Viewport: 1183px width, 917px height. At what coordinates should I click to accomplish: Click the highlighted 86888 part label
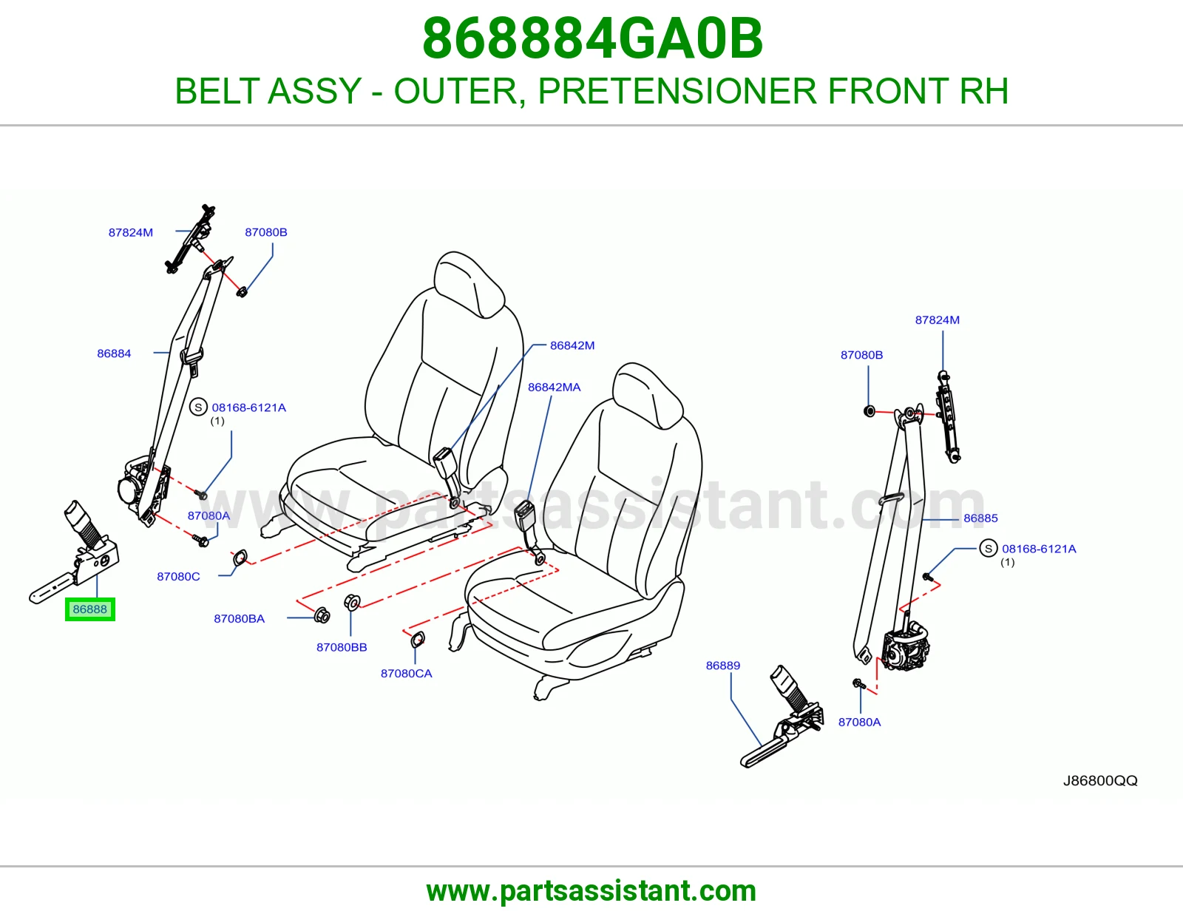coord(89,609)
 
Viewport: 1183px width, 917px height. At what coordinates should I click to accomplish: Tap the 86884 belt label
coord(114,353)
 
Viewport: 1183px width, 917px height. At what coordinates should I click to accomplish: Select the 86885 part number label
coord(980,518)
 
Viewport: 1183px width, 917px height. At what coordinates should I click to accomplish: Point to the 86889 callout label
coord(723,666)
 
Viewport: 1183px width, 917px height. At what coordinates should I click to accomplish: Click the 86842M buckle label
coord(572,345)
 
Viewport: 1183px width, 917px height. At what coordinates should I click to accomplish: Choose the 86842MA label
coord(555,388)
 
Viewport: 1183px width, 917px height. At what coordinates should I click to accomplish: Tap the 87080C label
coord(179,577)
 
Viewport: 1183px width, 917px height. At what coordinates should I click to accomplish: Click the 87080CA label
coord(406,674)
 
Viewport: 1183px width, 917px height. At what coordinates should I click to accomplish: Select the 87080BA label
coord(239,618)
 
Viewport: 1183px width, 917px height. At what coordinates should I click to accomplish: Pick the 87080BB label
coord(342,648)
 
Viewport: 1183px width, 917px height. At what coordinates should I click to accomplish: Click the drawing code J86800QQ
coord(1100,781)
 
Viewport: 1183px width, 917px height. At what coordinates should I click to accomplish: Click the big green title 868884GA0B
coord(592,38)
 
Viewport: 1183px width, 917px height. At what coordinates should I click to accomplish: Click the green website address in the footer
coord(591,891)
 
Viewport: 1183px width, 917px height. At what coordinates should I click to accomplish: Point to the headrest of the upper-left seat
coord(468,283)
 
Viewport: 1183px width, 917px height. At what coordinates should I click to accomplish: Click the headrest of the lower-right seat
coord(647,395)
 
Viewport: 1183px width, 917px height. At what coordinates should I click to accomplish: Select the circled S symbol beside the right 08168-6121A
coord(989,548)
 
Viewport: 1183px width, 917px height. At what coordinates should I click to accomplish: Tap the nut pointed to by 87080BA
coord(322,615)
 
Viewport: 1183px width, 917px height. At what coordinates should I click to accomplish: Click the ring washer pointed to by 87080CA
coord(418,640)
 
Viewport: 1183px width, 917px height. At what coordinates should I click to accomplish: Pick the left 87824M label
coord(131,232)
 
